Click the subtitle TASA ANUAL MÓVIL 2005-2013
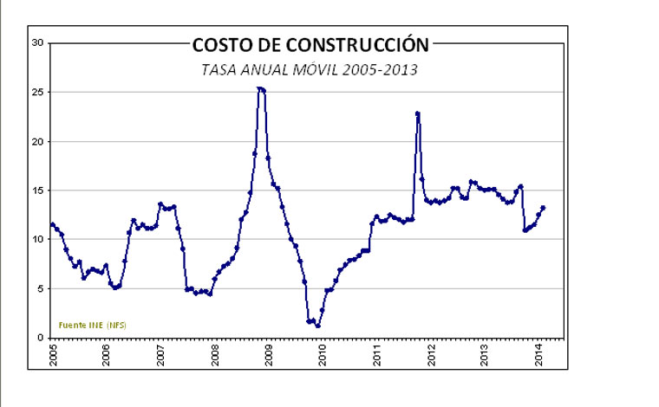[x=310, y=69]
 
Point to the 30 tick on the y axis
[x=37, y=42]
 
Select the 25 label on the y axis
[x=37, y=92]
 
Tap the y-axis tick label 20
[x=37, y=141]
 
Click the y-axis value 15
[x=37, y=191]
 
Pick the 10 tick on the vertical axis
[x=37, y=240]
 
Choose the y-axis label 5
[x=40, y=288]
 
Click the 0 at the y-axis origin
[x=40, y=338]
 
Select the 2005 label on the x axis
[x=53, y=355]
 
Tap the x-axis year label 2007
[x=161, y=355]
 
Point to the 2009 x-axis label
[x=269, y=355]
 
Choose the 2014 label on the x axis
[x=539, y=355]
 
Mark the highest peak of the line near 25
[x=259, y=88]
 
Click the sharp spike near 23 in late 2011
[x=417, y=113]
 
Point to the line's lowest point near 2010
[x=318, y=326]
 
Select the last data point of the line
[x=543, y=208]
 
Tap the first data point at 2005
[x=53, y=225]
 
